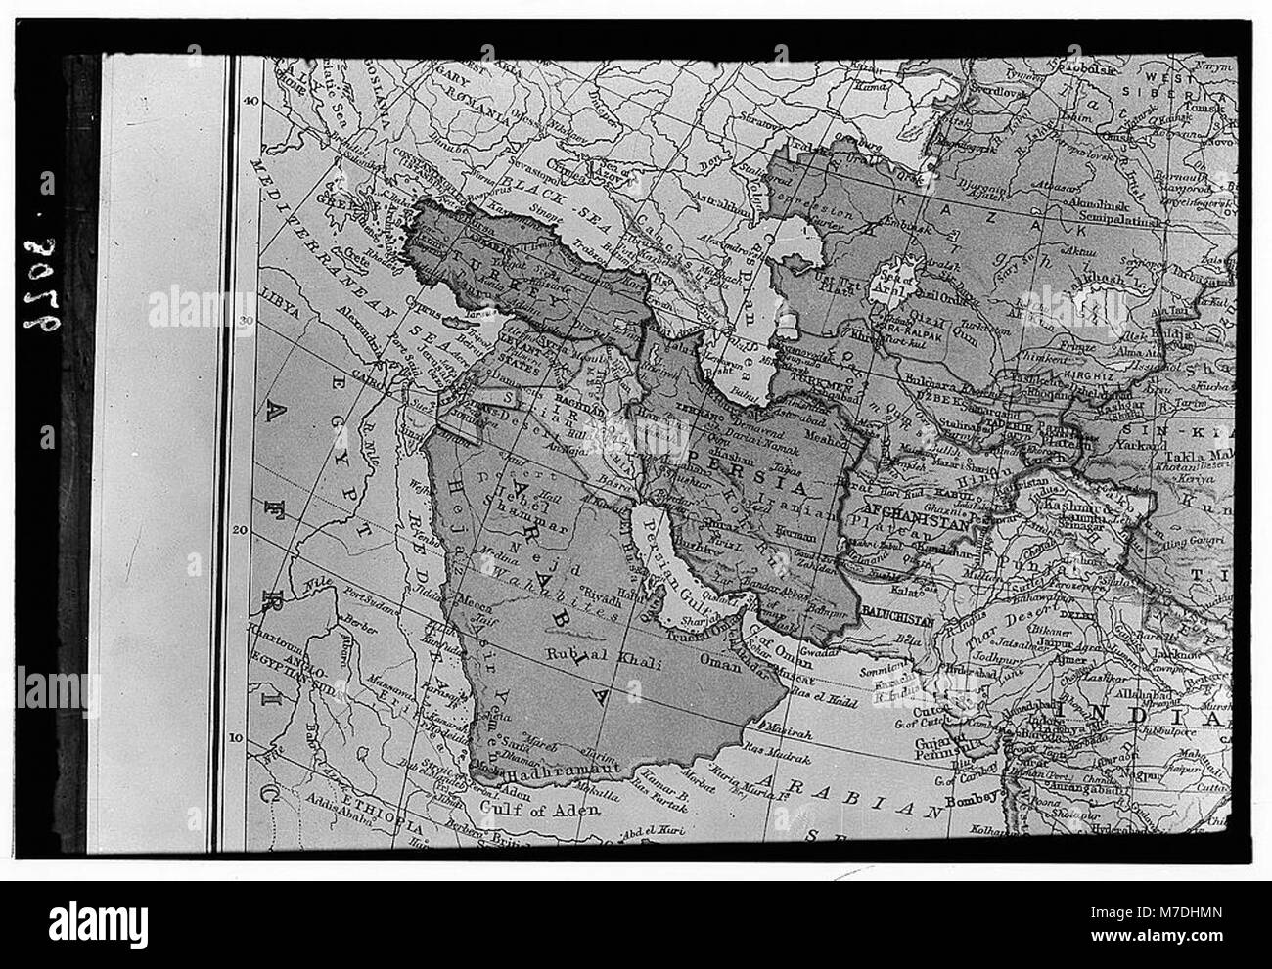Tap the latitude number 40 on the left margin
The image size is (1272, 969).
250,100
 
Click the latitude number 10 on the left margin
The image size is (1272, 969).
250,738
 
